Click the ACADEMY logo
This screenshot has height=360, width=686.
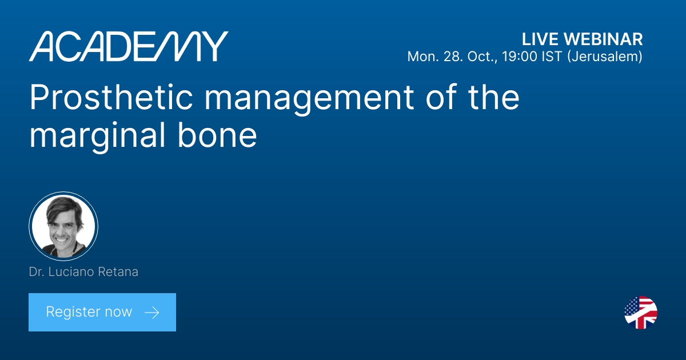click(x=129, y=46)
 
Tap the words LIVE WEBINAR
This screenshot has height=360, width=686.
click(x=582, y=39)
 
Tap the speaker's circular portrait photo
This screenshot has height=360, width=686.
click(x=63, y=226)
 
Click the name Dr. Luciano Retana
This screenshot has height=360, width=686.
click(x=83, y=272)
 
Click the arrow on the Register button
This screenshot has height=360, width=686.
click(x=151, y=312)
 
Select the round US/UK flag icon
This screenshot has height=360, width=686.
click(x=641, y=313)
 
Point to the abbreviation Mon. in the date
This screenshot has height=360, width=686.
click(x=420, y=57)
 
